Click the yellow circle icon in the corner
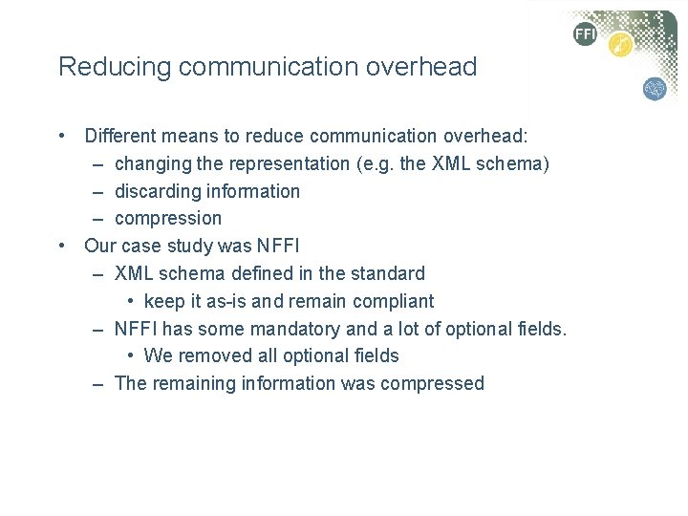pos(620,45)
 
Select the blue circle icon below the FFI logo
pos(655,89)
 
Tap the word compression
pos(167,219)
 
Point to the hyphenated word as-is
pos(226,301)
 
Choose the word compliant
pos(393,301)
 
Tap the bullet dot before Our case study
pos(61,246)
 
